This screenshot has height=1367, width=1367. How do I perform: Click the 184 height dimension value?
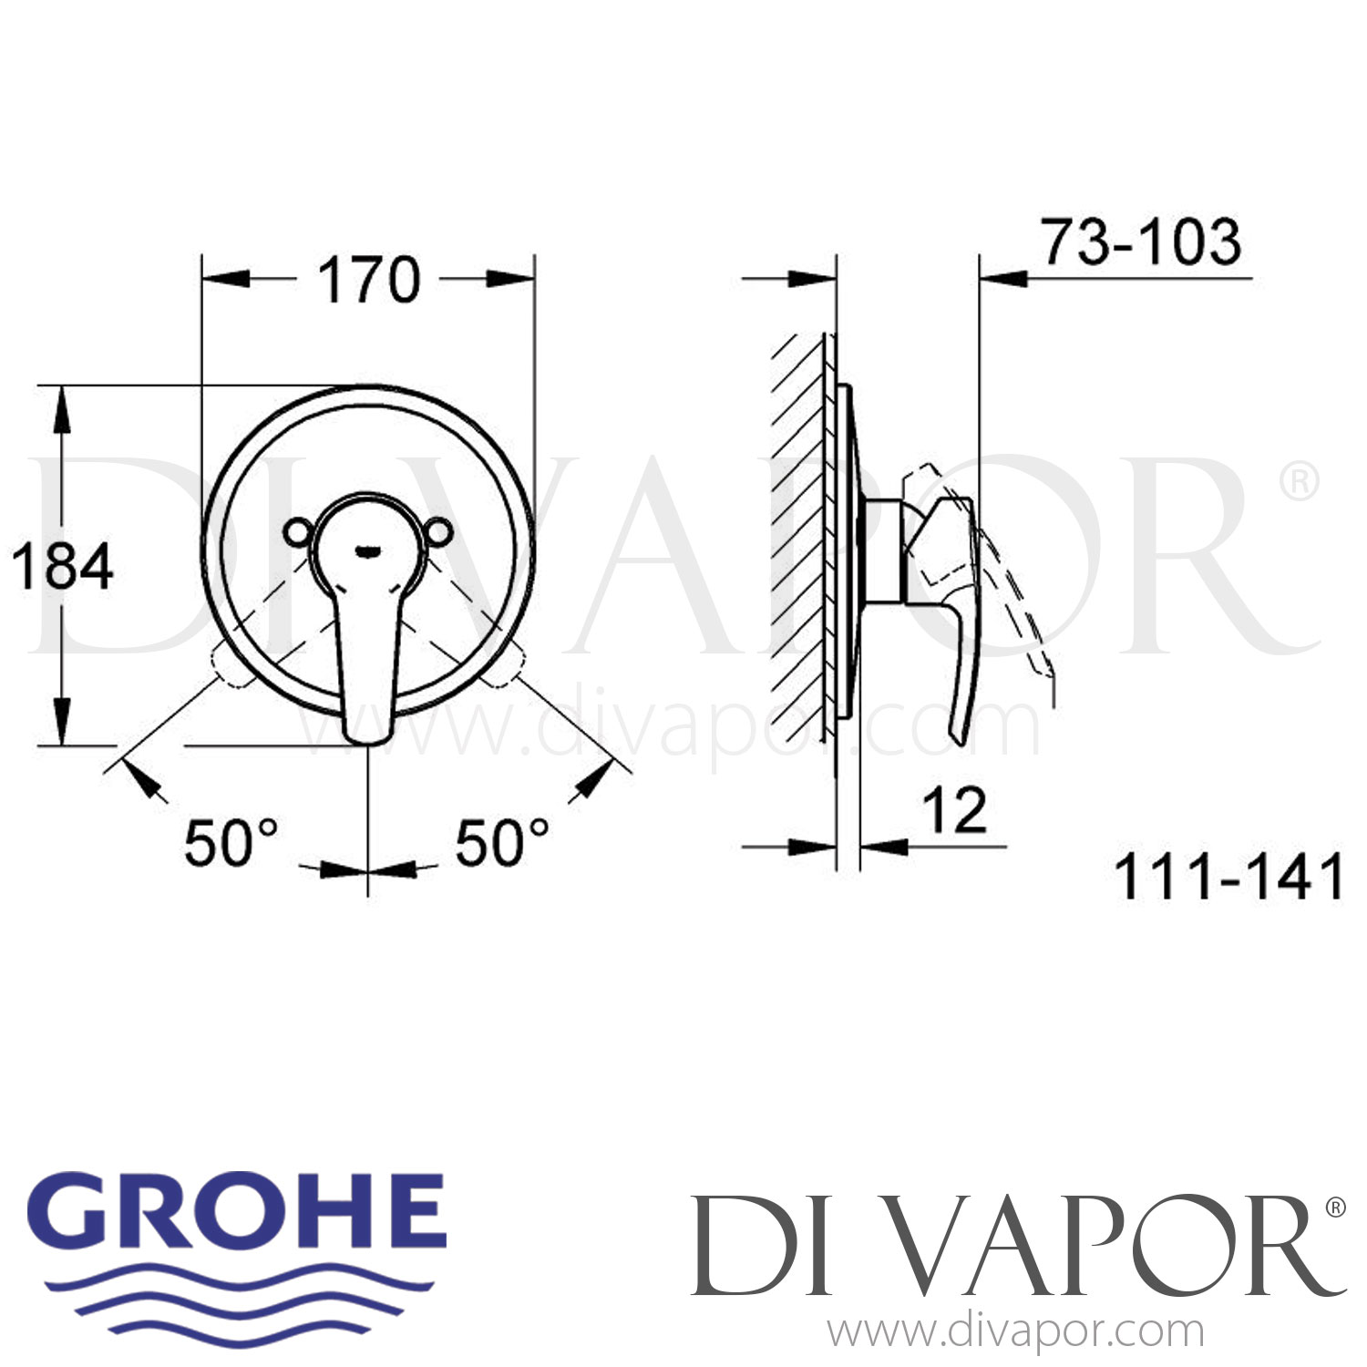pyautogui.click(x=62, y=566)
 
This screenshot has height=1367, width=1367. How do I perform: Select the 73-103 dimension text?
pyautogui.click(x=1142, y=242)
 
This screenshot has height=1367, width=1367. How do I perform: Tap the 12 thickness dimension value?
pyautogui.click(x=954, y=810)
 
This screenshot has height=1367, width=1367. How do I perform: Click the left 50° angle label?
pyautogui.click(x=231, y=842)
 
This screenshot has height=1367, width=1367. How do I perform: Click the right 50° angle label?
pyautogui.click(x=502, y=842)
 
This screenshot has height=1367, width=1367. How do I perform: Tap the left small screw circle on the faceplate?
pyautogui.click(x=297, y=531)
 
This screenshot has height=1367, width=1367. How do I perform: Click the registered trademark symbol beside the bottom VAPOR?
pyautogui.click(x=1334, y=1208)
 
